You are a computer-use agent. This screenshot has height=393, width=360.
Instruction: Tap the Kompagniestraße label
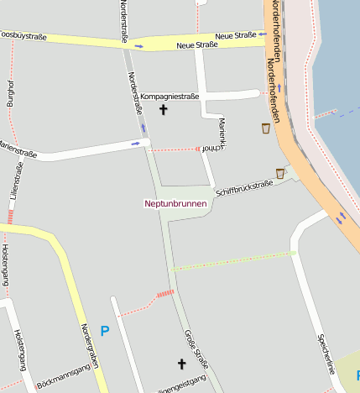click(170, 97)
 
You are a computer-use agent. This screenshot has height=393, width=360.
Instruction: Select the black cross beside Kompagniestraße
click(164, 110)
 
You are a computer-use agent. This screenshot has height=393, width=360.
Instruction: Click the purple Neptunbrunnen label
click(175, 203)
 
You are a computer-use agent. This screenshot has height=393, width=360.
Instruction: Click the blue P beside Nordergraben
click(105, 331)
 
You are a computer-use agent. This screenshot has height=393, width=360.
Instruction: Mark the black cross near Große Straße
click(180, 364)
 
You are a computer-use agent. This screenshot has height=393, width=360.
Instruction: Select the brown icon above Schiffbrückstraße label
click(280, 173)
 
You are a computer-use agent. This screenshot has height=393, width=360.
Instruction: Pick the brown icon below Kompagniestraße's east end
click(266, 128)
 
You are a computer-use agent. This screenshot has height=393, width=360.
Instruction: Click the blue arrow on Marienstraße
click(136, 144)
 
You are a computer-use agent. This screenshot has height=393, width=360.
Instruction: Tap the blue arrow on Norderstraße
click(143, 128)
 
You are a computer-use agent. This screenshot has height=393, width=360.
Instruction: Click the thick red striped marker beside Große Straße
click(164, 294)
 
